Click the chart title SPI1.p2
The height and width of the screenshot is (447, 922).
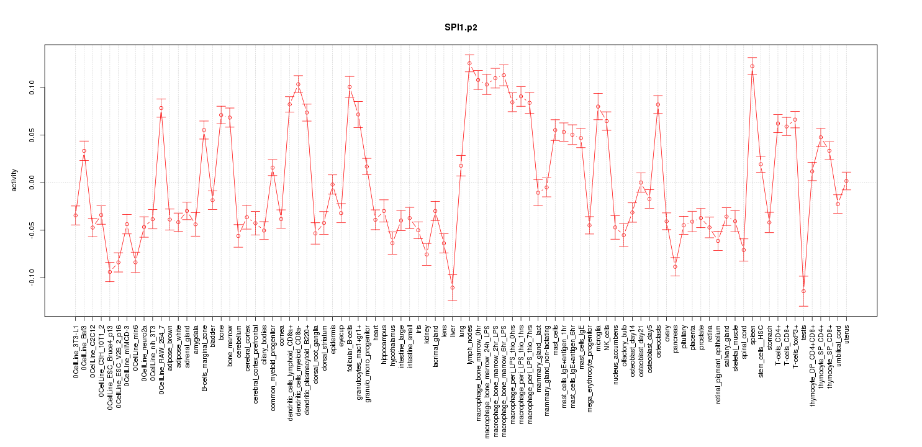[x=460, y=28]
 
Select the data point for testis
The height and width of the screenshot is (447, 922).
[x=803, y=291]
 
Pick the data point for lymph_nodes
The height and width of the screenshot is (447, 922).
[x=469, y=63]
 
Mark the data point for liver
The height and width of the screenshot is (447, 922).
[x=453, y=287]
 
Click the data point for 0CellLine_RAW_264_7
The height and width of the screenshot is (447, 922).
[x=161, y=108]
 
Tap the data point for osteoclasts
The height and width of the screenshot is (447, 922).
[x=658, y=104]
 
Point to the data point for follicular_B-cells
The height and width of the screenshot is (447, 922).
[x=350, y=87]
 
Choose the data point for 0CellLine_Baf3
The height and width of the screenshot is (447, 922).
[x=84, y=151]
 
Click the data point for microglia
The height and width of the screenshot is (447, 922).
[x=598, y=106]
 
